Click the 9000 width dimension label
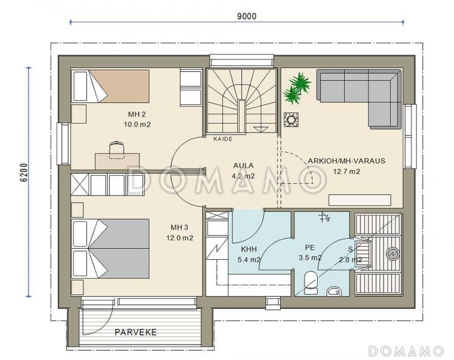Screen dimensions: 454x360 point(247,16)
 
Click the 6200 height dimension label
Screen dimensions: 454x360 point(24,172)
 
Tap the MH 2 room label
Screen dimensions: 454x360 point(137,114)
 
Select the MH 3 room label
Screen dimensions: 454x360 point(179,227)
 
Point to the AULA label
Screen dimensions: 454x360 point(243,166)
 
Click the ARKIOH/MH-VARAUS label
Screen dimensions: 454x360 point(346,161)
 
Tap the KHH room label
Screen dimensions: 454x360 point(249,249)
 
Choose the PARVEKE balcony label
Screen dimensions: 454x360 point(136,332)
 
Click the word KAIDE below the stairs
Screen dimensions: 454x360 point(223,139)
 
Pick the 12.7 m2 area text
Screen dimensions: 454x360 point(346,171)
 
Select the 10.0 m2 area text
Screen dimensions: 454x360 point(137,125)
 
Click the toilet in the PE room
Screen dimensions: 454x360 point(311,282)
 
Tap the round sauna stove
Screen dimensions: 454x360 point(393,254)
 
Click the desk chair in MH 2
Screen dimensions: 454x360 point(117,150)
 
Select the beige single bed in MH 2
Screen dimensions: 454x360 point(110,86)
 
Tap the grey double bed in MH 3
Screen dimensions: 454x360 point(110,248)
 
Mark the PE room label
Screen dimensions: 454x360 point(309,248)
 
